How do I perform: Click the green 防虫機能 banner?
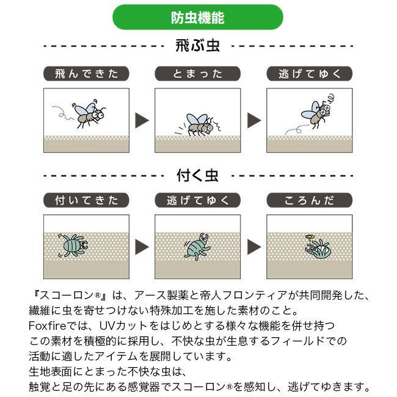click(198, 17)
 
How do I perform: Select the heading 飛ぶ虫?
click(197, 46)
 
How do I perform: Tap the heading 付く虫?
click(197, 175)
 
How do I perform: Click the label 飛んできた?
click(86, 74)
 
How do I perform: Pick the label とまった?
click(198, 74)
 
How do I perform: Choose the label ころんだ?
click(310, 200)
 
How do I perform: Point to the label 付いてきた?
click(86, 200)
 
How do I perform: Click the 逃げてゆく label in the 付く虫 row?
click(198, 200)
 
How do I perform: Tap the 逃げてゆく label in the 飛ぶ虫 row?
click(310, 74)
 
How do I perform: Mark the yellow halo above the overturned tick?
click(310, 237)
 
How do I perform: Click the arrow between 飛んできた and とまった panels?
click(142, 120)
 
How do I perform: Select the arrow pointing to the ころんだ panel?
click(254, 247)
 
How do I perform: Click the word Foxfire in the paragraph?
click(48, 326)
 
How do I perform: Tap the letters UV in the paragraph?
click(105, 326)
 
